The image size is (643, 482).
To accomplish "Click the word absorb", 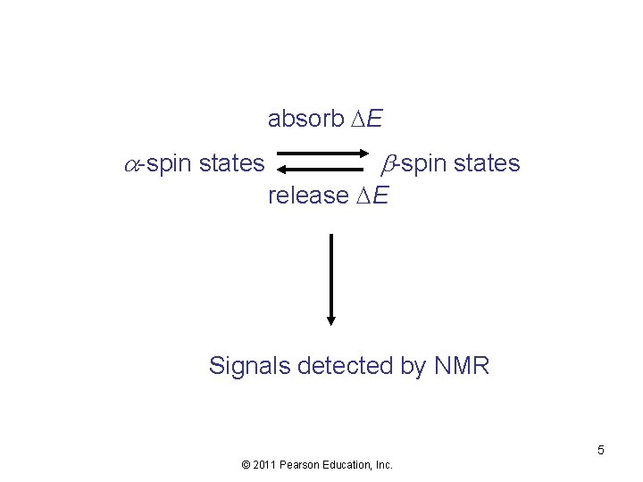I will [299, 119].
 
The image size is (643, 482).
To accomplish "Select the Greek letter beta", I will [389, 164].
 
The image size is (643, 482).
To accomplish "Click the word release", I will [307, 195].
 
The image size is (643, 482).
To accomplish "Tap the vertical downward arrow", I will [331, 277].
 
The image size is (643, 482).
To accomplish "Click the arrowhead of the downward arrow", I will [331, 320].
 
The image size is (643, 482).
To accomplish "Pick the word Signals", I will [249, 366].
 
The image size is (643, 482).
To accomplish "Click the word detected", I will [361, 366].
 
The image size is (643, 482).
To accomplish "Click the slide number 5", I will [601, 450].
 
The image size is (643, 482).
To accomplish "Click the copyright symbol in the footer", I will [246, 464].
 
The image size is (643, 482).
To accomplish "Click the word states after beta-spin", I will [487, 164].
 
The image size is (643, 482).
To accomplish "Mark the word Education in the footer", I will [350, 464].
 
